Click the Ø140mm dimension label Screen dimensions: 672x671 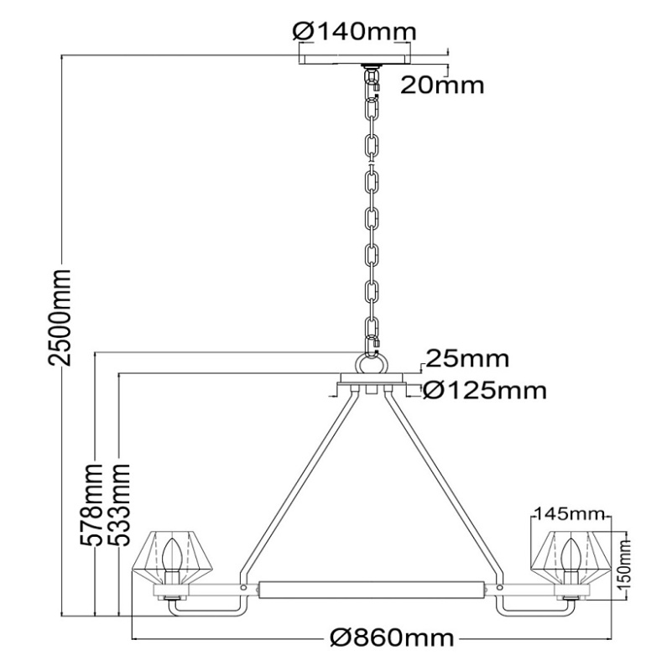click(354, 31)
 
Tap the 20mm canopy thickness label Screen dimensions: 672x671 click(442, 85)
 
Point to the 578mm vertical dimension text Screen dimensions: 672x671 click(91, 504)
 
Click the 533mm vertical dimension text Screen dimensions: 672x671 click(117, 504)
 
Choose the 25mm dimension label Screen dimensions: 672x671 click(467, 359)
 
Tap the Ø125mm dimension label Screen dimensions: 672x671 click(485, 390)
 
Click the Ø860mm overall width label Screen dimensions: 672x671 click(392, 638)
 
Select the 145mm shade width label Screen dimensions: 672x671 click(568, 513)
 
